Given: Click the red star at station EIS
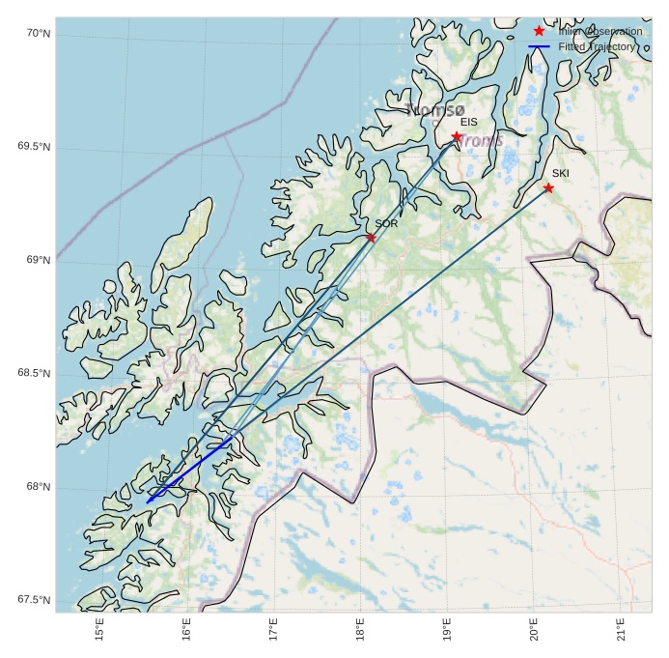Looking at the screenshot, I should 456,136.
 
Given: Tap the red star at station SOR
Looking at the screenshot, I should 371,237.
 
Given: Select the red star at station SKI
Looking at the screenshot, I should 547,187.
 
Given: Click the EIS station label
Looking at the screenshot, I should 469,123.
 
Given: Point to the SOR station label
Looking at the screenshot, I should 386,223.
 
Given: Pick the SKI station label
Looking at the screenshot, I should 561,174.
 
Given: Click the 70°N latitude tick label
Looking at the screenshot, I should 37,34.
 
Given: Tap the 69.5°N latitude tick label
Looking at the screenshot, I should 33,147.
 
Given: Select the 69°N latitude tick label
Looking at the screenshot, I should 37,260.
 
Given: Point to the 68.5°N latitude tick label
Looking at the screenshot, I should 33,374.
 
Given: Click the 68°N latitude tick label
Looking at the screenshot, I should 37,487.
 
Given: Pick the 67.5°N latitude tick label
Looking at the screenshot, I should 33,600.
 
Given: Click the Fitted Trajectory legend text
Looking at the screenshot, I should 597,46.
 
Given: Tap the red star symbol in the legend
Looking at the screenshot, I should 539,32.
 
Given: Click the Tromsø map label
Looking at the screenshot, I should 435,110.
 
